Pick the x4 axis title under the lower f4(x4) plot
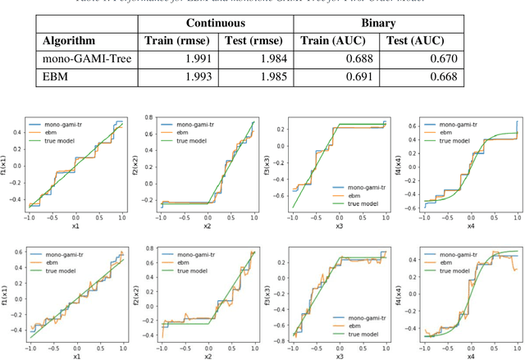click(x=469, y=357)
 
